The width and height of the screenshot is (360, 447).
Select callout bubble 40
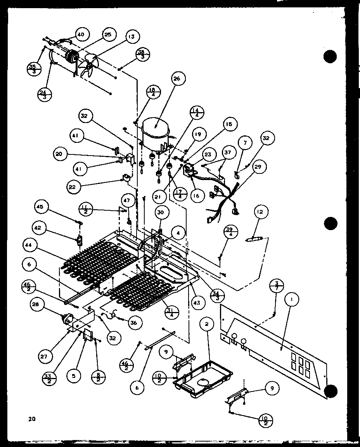(x=80, y=35)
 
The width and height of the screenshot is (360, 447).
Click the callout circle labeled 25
(x=107, y=35)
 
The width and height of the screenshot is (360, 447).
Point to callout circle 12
(x=260, y=212)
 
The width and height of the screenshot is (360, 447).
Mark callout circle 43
(x=197, y=302)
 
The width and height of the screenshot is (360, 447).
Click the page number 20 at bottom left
(x=31, y=418)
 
